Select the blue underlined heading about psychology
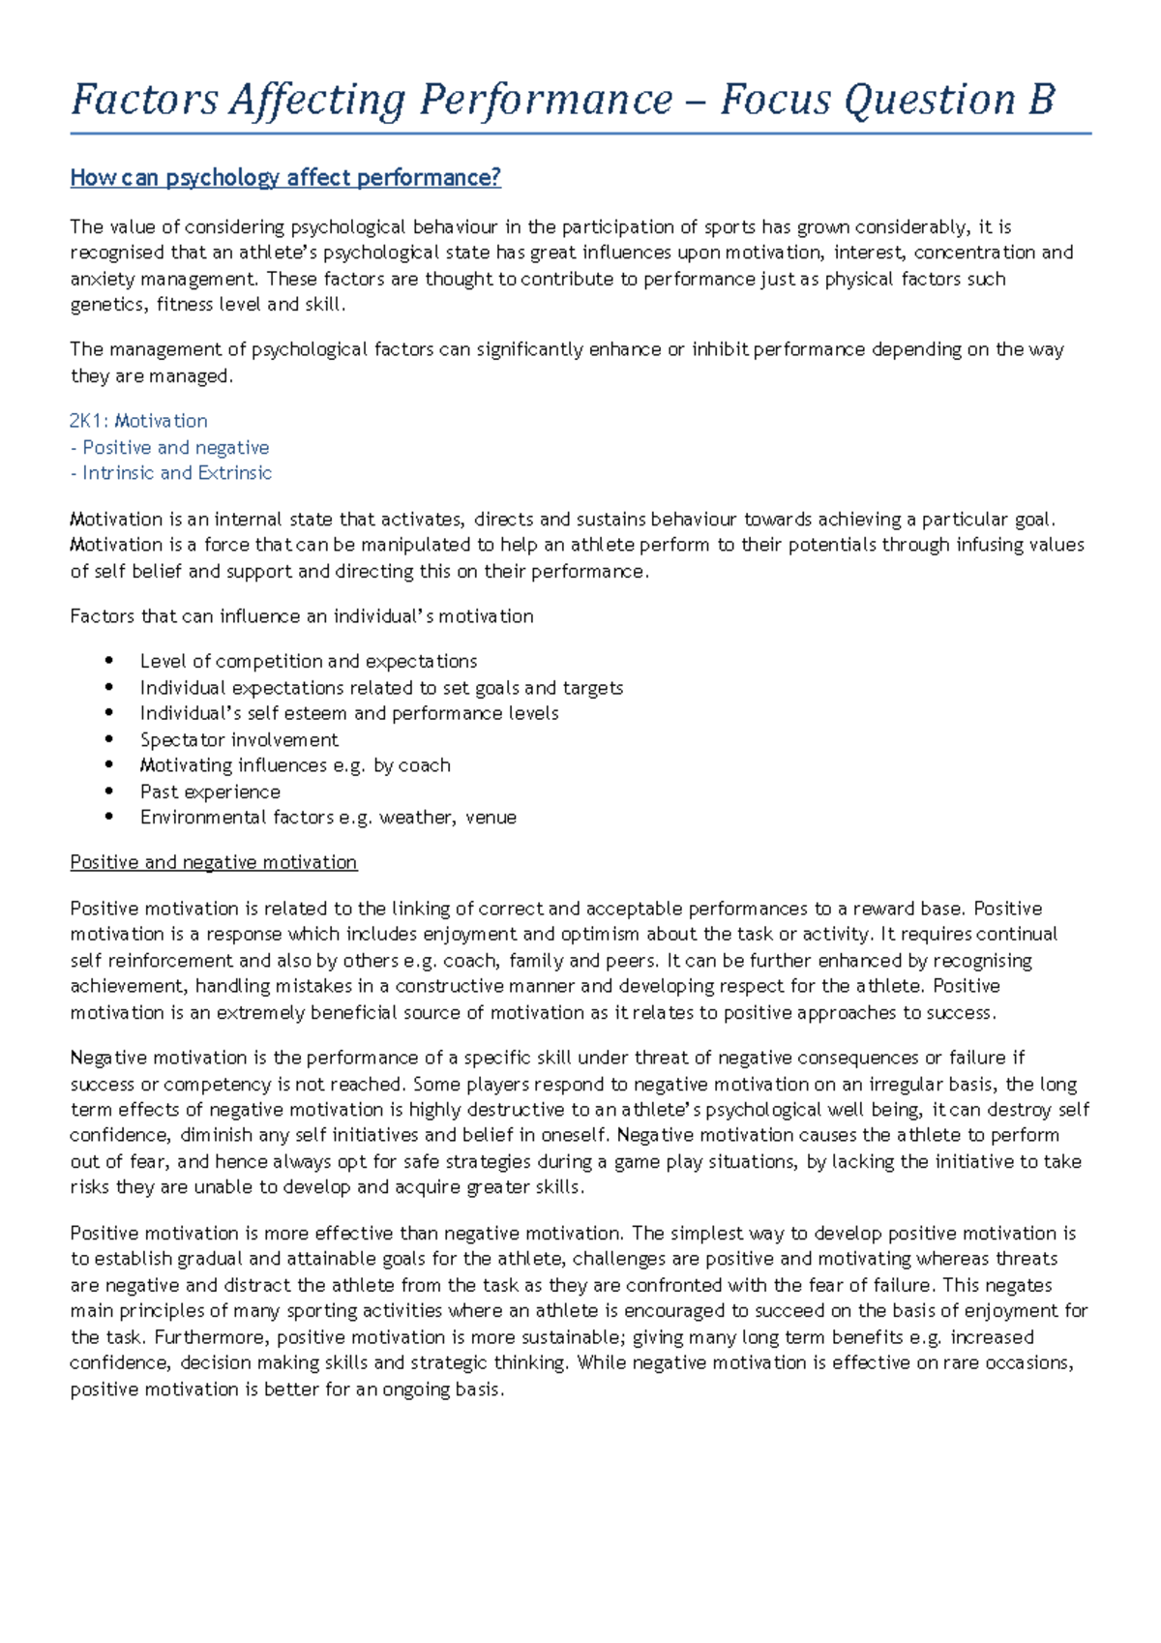point(285,178)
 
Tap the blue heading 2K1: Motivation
point(138,421)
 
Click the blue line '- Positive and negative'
point(169,448)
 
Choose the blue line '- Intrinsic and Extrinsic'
point(171,473)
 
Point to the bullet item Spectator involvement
point(239,740)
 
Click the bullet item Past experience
point(210,792)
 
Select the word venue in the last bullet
point(491,818)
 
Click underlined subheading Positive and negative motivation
point(214,862)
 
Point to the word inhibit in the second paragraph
point(720,349)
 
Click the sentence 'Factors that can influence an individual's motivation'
point(301,616)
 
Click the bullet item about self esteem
point(348,713)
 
